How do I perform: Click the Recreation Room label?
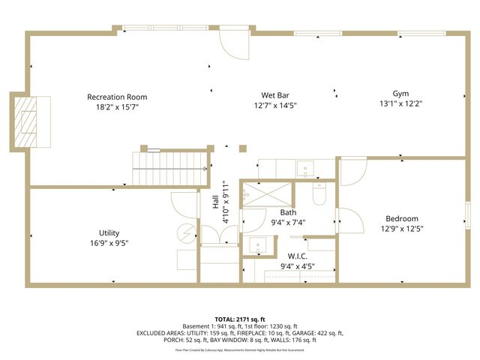coord(117,97)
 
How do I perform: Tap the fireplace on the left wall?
coord(30,121)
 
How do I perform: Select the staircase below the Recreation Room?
coord(170,167)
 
